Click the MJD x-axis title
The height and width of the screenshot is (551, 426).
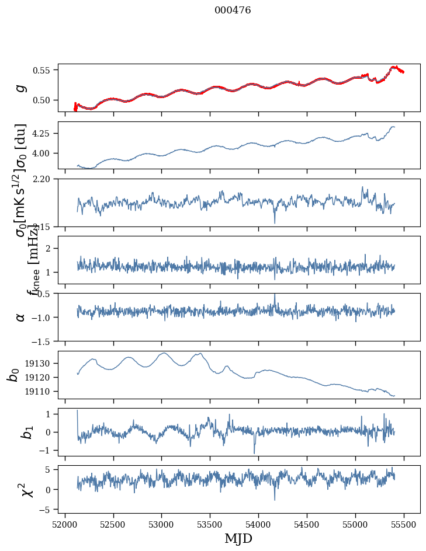(238, 538)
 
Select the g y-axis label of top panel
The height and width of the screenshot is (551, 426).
(21, 88)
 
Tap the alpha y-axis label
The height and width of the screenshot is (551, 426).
(21, 317)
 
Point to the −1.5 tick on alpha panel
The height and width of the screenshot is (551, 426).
(42, 341)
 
